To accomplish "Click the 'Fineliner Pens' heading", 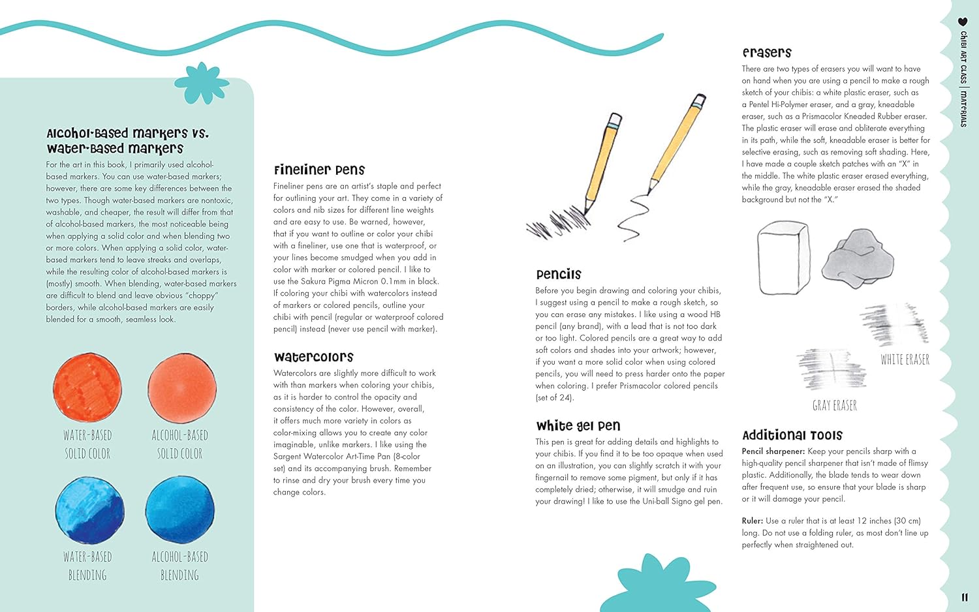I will (x=319, y=170).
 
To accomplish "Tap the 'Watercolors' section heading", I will (x=313, y=357).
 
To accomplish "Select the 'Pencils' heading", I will (x=558, y=274).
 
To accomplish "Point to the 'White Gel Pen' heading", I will (x=578, y=426).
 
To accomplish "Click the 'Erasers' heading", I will (x=766, y=52).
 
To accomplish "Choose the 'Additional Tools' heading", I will (x=792, y=435).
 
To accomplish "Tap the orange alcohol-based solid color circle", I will (x=181, y=388).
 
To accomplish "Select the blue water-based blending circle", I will (x=89, y=510).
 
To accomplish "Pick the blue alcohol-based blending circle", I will (x=179, y=510).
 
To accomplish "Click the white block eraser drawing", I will (x=784, y=257).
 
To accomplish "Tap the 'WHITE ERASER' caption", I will (x=905, y=360).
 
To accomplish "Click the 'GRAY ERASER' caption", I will (x=834, y=406).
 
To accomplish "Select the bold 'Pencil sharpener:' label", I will (x=773, y=451).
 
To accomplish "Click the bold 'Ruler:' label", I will (x=752, y=521).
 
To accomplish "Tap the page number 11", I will (x=965, y=597).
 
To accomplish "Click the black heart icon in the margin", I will (x=963, y=22).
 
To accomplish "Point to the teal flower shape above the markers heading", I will (x=202, y=84).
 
